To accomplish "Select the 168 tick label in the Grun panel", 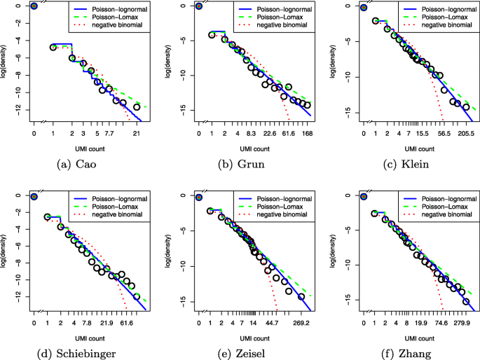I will click(307, 132).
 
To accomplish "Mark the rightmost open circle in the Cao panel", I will click(137, 107).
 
